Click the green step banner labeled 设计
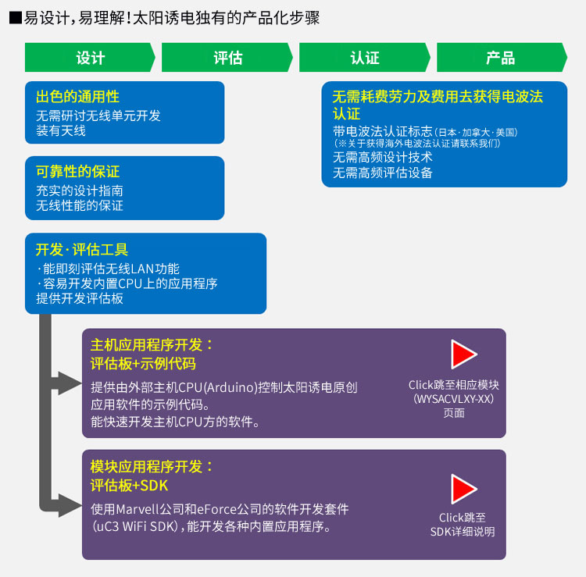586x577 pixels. tap(90, 57)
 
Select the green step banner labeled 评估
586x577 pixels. tap(227, 57)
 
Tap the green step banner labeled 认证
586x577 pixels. tap(364, 57)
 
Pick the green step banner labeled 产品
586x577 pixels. tap(502, 57)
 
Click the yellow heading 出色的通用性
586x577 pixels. tap(77, 97)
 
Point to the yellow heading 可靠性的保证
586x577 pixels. tap(77, 172)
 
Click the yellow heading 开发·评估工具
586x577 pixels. tap(82, 250)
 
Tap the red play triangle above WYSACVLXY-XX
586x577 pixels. tap(463, 354)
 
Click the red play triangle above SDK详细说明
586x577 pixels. tap(463, 489)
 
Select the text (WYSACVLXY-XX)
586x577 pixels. tap(454, 399)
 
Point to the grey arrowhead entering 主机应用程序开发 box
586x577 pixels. tap(70, 383)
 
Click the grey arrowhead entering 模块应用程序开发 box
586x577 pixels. tap(70, 505)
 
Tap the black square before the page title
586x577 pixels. tap(16, 18)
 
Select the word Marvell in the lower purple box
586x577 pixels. tap(138, 509)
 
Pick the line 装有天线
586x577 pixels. tap(61, 130)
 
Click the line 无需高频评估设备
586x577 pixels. tap(383, 173)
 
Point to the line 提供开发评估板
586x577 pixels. tap(80, 298)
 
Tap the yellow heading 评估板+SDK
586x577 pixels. tap(129, 486)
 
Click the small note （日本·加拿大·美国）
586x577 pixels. tap(476, 133)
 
